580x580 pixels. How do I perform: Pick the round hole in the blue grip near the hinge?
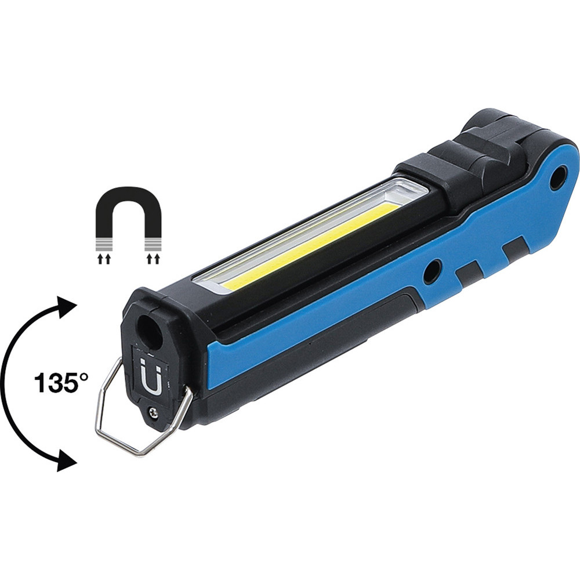click(558, 179)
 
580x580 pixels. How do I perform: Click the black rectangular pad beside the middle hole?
click(468, 273)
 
